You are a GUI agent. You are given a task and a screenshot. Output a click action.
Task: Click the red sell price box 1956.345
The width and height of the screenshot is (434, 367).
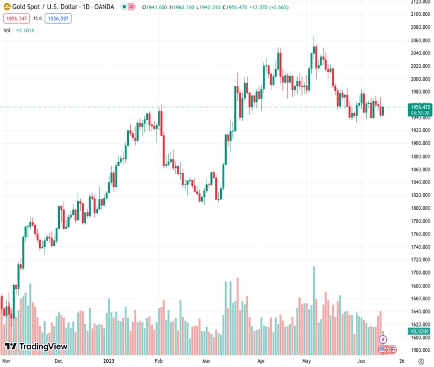pyautogui.click(x=17, y=19)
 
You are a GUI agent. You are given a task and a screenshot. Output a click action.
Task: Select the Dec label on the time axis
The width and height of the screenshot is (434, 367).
pyautogui.click(x=58, y=361)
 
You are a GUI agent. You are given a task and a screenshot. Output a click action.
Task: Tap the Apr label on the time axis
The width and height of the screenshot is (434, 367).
pyautogui.click(x=262, y=361)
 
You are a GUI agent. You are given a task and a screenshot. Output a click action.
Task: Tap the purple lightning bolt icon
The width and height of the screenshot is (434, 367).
pyautogui.click(x=383, y=339)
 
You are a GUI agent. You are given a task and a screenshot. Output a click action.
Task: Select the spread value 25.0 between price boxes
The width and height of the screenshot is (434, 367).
pyautogui.click(x=37, y=19)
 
